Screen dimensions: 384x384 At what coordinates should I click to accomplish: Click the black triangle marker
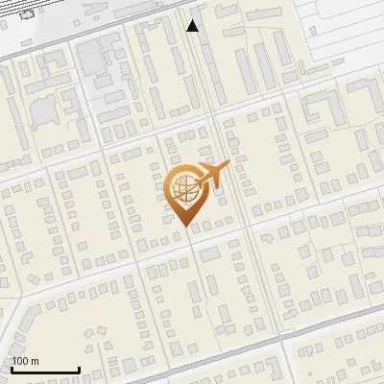(193, 26)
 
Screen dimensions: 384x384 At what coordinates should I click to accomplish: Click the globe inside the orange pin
(183, 189)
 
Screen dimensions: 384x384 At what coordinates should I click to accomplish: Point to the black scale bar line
(45, 371)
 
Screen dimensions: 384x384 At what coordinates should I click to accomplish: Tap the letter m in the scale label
(35, 361)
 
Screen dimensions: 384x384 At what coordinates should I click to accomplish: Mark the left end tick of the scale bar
(12, 369)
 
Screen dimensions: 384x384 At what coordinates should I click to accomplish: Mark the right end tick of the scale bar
(79, 369)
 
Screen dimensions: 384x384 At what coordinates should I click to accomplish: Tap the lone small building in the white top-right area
(316, 29)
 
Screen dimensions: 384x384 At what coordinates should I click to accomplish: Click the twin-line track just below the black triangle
(197, 58)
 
